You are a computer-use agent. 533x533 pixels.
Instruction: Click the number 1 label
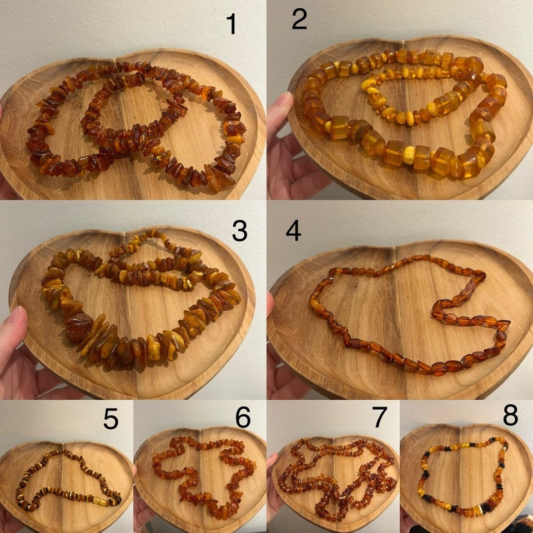(232, 24)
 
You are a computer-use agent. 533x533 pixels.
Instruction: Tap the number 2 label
(299, 19)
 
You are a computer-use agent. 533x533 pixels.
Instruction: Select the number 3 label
(240, 231)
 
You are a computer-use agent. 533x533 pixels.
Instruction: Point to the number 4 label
(293, 230)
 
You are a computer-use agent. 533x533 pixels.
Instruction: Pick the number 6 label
(243, 418)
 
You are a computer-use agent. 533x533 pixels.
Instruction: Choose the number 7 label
(380, 418)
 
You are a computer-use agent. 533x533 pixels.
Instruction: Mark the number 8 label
(511, 415)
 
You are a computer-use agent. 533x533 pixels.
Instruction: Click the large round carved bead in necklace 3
(79, 328)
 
